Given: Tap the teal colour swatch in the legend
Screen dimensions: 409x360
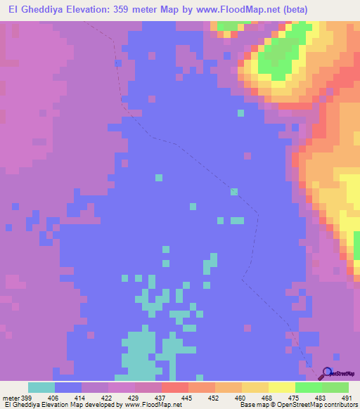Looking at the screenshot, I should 41,387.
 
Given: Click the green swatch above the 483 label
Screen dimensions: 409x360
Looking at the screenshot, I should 309,387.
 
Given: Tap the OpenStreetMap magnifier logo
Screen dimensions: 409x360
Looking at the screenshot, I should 326,373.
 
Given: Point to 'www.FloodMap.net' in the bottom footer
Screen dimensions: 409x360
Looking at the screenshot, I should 152,404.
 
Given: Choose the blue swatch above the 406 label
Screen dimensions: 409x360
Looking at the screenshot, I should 68,387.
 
